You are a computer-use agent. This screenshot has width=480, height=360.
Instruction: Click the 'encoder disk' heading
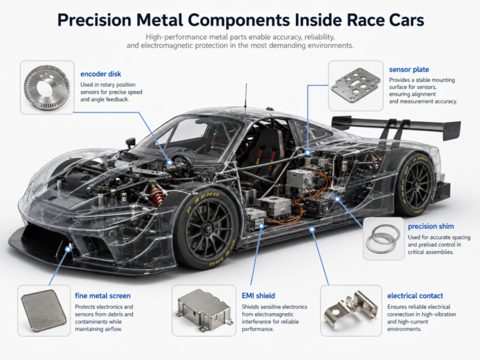tap(101, 74)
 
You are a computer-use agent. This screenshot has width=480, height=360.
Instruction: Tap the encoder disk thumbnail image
tap(47, 88)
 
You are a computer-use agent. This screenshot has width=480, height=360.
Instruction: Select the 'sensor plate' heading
tap(409, 70)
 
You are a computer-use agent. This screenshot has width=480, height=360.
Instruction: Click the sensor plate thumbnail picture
tap(356, 86)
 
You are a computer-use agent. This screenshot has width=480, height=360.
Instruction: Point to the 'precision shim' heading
tap(431, 226)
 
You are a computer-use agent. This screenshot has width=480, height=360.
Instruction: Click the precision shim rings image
tap(383, 239)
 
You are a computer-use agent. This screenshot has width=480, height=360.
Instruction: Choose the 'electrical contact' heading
tap(415, 296)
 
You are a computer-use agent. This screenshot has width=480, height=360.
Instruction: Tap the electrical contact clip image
tap(351, 310)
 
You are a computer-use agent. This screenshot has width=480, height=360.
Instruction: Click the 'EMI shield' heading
tap(259, 296)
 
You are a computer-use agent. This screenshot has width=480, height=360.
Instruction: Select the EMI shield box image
tap(204, 310)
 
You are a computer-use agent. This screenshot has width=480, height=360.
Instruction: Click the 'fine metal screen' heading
tap(103, 296)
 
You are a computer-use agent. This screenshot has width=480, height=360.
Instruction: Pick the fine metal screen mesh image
tap(43, 311)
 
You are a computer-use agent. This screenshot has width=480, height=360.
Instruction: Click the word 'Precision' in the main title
tap(94, 20)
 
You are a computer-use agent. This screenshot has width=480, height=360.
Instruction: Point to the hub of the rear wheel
tap(417, 185)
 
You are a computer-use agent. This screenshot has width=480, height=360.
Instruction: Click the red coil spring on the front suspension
tap(157, 195)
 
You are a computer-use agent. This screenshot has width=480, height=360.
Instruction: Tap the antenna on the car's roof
tap(246, 95)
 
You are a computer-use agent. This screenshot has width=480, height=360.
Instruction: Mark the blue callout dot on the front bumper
tap(68, 249)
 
